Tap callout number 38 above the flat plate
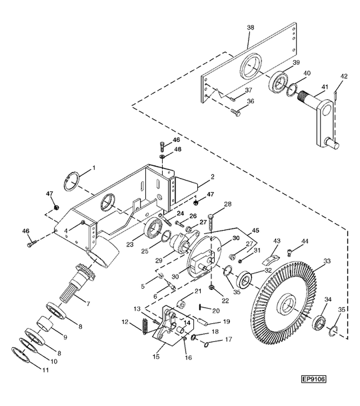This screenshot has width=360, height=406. tap(251, 28)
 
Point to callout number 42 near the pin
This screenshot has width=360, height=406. tap(344, 77)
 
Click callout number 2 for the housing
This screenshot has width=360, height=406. tap(213, 177)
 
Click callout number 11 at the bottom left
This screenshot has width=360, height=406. tap(45, 370)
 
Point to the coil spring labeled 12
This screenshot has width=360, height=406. tap(145, 327)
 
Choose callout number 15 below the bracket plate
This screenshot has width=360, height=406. tap(156, 357)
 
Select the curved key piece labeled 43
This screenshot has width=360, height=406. tap(270, 261)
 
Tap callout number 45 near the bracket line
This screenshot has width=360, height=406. tap(255, 230)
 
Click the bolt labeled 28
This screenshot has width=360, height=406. tap(211, 223)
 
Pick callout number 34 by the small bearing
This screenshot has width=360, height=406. tap(328, 299)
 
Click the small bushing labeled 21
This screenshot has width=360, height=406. tap(181, 305)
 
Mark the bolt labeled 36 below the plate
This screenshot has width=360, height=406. tap(235, 112)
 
